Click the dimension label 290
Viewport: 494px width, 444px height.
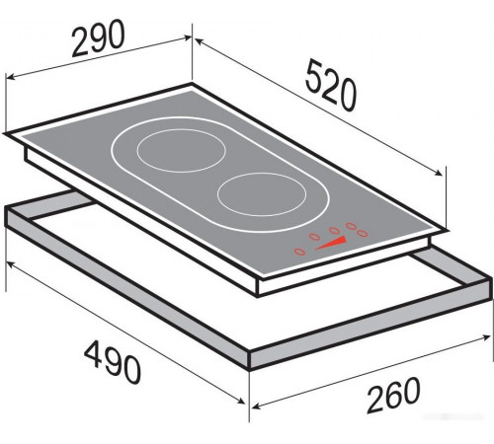98,37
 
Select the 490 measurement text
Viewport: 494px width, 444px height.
113,362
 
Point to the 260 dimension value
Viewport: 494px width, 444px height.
393,395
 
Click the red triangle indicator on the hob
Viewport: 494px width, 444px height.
333,244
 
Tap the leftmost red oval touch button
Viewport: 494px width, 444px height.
299,252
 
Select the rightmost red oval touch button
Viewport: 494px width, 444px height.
363,233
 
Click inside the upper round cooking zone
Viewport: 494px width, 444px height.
182,150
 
